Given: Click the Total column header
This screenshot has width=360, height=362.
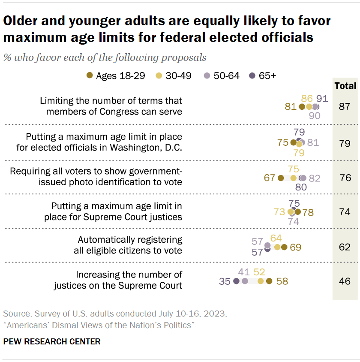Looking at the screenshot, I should coord(345,86).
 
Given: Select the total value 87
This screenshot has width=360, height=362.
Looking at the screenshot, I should coord(345,107).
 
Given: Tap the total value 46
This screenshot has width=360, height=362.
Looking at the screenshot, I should coord(345,281).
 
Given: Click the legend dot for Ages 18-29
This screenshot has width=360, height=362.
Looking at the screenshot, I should coord(89,75).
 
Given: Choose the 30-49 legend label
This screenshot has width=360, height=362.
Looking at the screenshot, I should coord(179,75).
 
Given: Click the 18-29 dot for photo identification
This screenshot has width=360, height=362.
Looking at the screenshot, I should coord(281,178).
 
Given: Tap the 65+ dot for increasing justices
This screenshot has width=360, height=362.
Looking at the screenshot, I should coord(236,281).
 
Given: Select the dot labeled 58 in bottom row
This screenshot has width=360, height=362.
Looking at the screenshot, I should coord(269,281).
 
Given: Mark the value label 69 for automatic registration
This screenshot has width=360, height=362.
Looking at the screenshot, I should coord(295,247).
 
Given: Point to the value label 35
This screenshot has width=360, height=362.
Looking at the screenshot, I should coord(225,281).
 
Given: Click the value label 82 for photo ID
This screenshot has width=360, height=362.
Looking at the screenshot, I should coord(314,178).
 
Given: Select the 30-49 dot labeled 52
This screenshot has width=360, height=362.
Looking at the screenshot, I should coord(260,281).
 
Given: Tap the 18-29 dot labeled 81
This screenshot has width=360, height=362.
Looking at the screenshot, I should coord(302,107).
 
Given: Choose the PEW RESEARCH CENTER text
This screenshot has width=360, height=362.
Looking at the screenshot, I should coord(51,342).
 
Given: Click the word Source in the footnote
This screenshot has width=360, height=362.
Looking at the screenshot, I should coord(15,314).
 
